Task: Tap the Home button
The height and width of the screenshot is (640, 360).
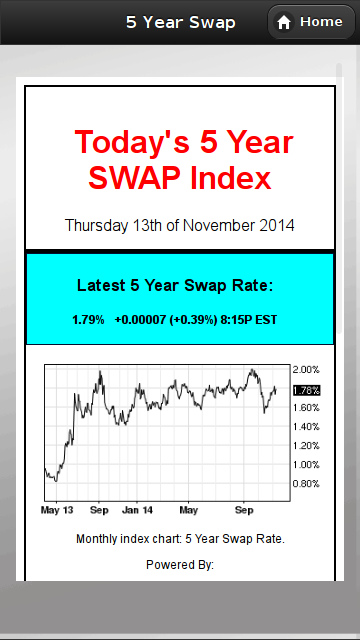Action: tap(309, 22)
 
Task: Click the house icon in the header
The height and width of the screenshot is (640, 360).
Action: tap(284, 22)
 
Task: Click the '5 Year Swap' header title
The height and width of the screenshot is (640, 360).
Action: tap(180, 22)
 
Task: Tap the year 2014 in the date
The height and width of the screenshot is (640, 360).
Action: tap(276, 225)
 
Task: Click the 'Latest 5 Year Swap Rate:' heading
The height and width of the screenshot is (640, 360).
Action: tap(175, 286)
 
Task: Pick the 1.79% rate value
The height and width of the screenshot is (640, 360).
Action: tap(88, 320)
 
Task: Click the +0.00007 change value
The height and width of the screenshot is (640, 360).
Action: tap(143, 320)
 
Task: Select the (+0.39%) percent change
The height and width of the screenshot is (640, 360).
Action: tap(201, 320)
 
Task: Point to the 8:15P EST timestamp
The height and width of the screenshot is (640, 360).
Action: tap(255, 320)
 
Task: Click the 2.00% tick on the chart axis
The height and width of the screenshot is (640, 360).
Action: tap(306, 370)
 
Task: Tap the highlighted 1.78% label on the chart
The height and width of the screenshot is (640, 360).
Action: tap(306, 390)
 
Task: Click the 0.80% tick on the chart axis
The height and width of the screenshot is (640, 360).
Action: tap(306, 484)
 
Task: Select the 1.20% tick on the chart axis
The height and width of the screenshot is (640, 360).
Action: tap(306, 446)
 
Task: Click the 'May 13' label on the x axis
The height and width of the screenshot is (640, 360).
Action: tap(57, 510)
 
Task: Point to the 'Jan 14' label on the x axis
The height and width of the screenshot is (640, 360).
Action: tap(138, 510)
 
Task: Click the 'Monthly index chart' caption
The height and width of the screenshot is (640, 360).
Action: tap(180, 539)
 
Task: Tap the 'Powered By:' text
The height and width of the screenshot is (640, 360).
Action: tap(180, 565)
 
